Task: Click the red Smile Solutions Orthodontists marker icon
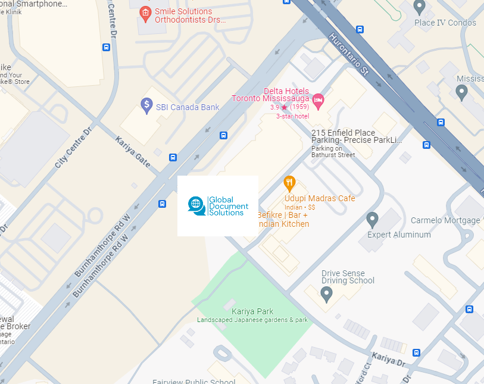pos(145,13)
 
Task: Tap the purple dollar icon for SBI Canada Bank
pos(146,106)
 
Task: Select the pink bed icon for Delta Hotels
pos(318,99)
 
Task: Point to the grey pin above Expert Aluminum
pos(373,219)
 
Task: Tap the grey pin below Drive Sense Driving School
pos(326,294)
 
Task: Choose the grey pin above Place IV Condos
pos(419,7)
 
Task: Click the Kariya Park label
pos(253,311)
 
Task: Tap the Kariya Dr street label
pos(388,358)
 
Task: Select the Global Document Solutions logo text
pos(226,206)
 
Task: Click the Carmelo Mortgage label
pos(445,220)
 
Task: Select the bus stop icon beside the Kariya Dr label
pos(416,352)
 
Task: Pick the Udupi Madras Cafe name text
pos(319,198)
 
